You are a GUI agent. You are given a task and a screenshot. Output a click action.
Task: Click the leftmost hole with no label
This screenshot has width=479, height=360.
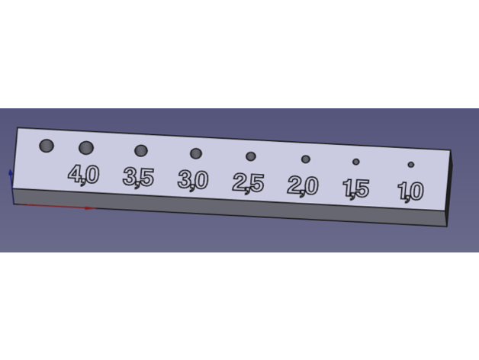(47, 146)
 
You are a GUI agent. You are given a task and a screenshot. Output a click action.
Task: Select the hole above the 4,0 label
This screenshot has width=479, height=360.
(86, 148)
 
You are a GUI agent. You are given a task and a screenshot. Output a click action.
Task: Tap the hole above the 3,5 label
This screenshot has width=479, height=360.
(141, 151)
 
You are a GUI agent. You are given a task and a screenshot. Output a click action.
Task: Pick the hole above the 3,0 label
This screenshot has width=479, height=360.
(196, 153)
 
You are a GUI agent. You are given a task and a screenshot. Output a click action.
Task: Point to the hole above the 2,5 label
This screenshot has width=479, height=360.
(251, 156)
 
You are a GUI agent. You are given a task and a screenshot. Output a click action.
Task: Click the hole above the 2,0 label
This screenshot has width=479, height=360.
(306, 159)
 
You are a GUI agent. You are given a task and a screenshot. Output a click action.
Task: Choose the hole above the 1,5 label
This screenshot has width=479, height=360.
(356, 162)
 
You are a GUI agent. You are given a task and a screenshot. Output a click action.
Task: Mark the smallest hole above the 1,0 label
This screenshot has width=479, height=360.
(411, 165)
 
